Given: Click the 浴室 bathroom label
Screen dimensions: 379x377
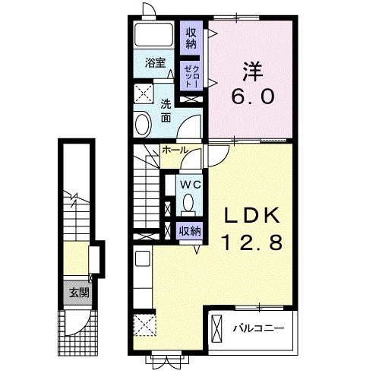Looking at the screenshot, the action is click(155, 63).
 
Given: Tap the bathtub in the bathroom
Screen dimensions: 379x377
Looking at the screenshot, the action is click(153, 34).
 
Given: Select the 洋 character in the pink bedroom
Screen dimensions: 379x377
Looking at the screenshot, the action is click(253, 71).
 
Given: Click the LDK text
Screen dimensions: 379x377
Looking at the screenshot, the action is click(252, 215).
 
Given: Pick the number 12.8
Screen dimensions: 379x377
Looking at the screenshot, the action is click(252, 242).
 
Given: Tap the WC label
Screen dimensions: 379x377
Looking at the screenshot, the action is click(191, 185).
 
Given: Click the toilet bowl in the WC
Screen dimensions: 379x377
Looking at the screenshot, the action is click(188, 203).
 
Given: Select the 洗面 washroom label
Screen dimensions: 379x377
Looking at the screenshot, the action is click(166, 111).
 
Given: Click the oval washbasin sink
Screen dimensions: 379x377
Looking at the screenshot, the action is click(143, 125).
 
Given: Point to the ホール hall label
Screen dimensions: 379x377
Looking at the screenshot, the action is click(175, 150).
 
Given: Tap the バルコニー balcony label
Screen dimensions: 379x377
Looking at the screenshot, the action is click(258, 328).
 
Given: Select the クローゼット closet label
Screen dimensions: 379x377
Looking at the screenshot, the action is click(191, 76).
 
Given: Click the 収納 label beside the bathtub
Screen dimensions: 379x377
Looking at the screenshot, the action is click(191, 38).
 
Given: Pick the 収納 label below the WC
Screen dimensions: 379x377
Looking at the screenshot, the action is click(190, 231).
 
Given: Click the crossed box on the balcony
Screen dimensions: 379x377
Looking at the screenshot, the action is click(216, 329).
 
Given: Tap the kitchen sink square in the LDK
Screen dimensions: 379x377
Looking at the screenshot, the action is click(143, 258).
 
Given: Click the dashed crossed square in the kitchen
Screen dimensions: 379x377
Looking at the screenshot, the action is click(144, 325).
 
